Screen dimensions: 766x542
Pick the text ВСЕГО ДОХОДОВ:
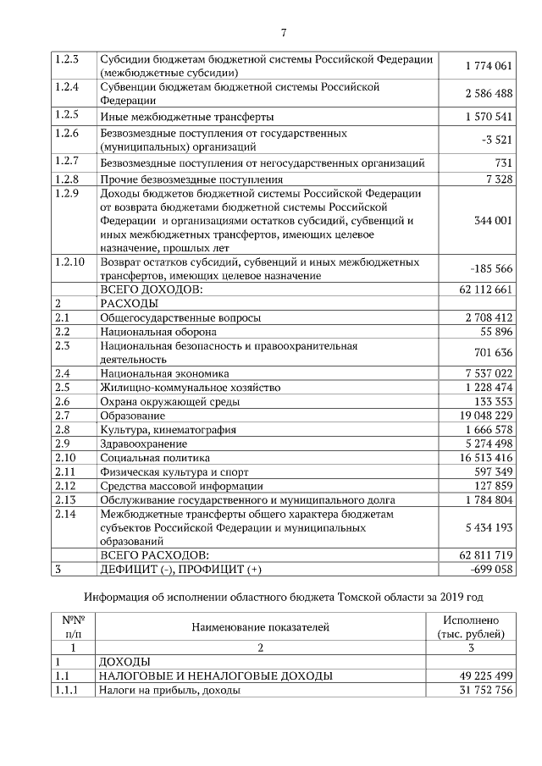click(x=152, y=289)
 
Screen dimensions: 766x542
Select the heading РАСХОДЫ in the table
click(x=129, y=303)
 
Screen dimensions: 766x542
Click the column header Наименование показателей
click(x=260, y=627)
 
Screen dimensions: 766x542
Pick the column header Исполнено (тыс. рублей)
click(x=471, y=627)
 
